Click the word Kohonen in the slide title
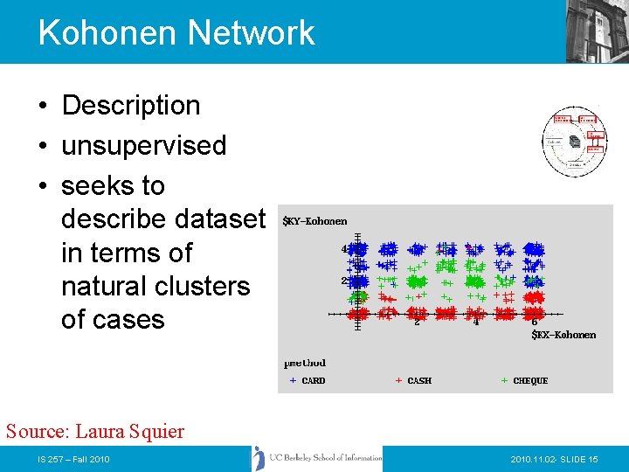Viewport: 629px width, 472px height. click(106, 33)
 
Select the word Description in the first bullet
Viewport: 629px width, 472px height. click(131, 105)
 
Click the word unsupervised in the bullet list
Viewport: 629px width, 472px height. click(144, 145)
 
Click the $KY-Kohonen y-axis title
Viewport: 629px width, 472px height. click(314, 221)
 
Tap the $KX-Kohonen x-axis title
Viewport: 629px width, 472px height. click(563, 335)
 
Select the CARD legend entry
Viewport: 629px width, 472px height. click(312, 381)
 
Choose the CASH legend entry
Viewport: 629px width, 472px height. click(418, 381)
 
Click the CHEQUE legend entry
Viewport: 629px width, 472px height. click(529, 381)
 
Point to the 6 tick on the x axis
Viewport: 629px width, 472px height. click(534, 322)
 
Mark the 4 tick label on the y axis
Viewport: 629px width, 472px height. click(345, 249)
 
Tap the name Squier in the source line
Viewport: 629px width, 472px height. click(156, 431)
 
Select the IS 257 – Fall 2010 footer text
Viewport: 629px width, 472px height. click(73, 459)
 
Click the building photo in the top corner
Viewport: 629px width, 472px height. click(598, 31)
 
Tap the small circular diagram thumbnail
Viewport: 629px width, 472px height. click(573, 141)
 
